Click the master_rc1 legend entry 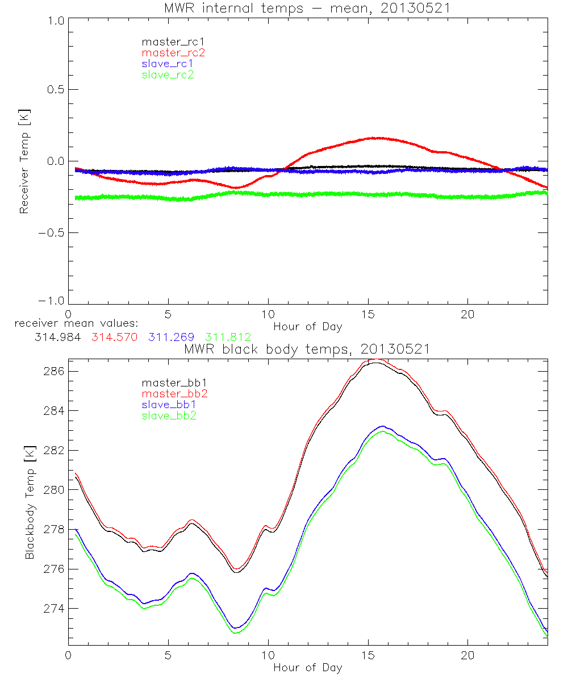(x=168, y=41)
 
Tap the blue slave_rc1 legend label (x=168, y=63)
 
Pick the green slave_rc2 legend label (x=168, y=74)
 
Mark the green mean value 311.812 (x=228, y=337)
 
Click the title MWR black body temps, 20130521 (x=307, y=349)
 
